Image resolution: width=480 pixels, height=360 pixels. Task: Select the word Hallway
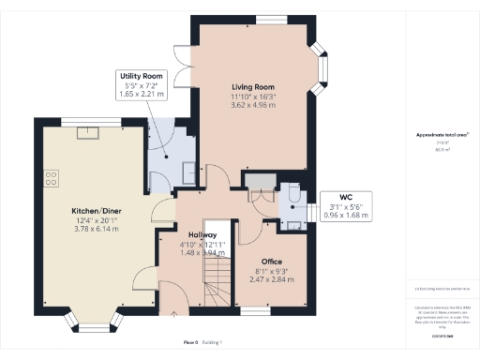tap(202, 234)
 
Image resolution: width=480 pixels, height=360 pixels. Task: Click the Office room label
tap(271, 262)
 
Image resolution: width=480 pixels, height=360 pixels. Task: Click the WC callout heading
tap(339, 198)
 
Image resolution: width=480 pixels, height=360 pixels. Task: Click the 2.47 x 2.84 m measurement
tap(271, 279)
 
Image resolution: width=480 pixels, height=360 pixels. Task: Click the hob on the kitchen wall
tap(50, 178)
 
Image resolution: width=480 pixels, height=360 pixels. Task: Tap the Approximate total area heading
tap(442, 135)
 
